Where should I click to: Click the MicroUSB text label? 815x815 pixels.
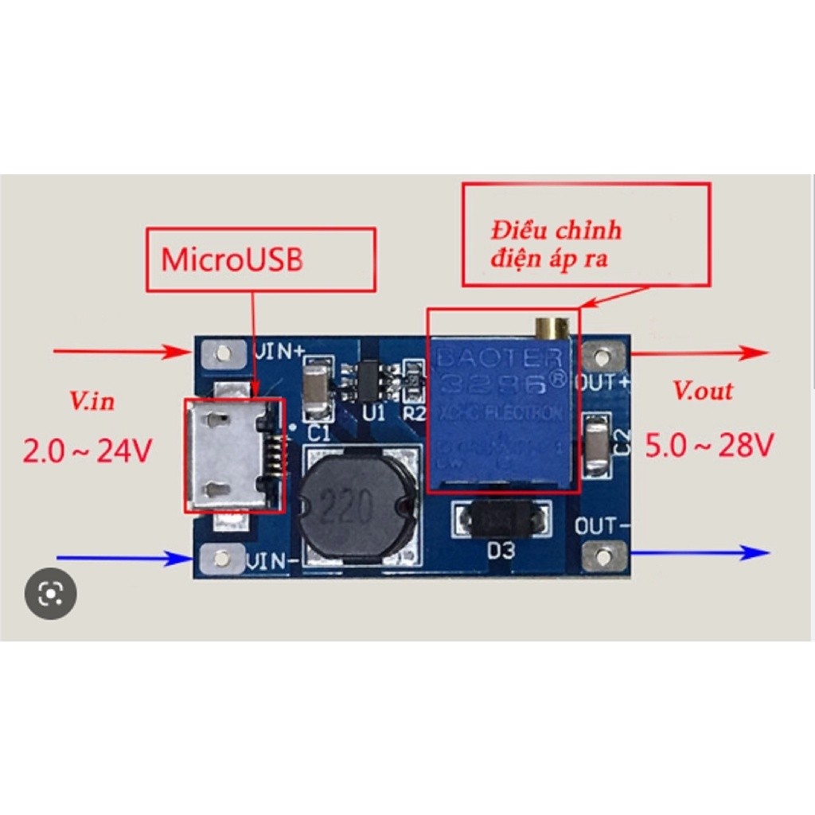232,261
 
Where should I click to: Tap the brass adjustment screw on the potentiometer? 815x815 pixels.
551,326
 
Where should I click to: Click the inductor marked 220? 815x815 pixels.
357,504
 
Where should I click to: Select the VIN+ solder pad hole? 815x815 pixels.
224,352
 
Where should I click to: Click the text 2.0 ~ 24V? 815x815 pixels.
87,451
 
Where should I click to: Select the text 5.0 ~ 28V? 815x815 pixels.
708,446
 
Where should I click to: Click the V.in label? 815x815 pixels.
92,401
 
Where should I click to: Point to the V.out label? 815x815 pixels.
703,391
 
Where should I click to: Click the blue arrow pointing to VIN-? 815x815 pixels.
119,559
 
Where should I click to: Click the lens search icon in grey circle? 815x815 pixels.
51,593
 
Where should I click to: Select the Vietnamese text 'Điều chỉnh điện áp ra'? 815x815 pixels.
557,244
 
